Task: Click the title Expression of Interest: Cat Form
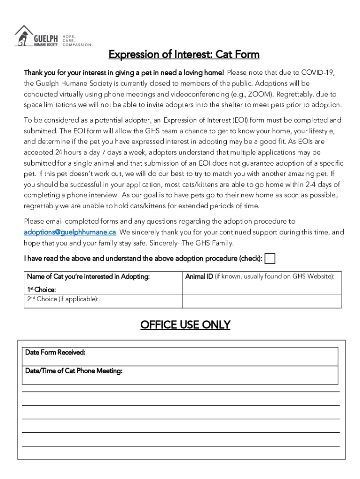(184, 55)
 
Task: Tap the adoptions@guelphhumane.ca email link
(70, 232)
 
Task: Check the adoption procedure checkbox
(270, 258)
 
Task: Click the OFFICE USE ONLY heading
(185, 325)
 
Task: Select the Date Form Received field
(180, 356)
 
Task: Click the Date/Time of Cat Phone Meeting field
(180, 375)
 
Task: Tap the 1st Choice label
(42, 290)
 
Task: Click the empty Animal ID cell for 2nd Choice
(261, 301)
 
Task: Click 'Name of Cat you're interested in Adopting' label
(88, 277)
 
